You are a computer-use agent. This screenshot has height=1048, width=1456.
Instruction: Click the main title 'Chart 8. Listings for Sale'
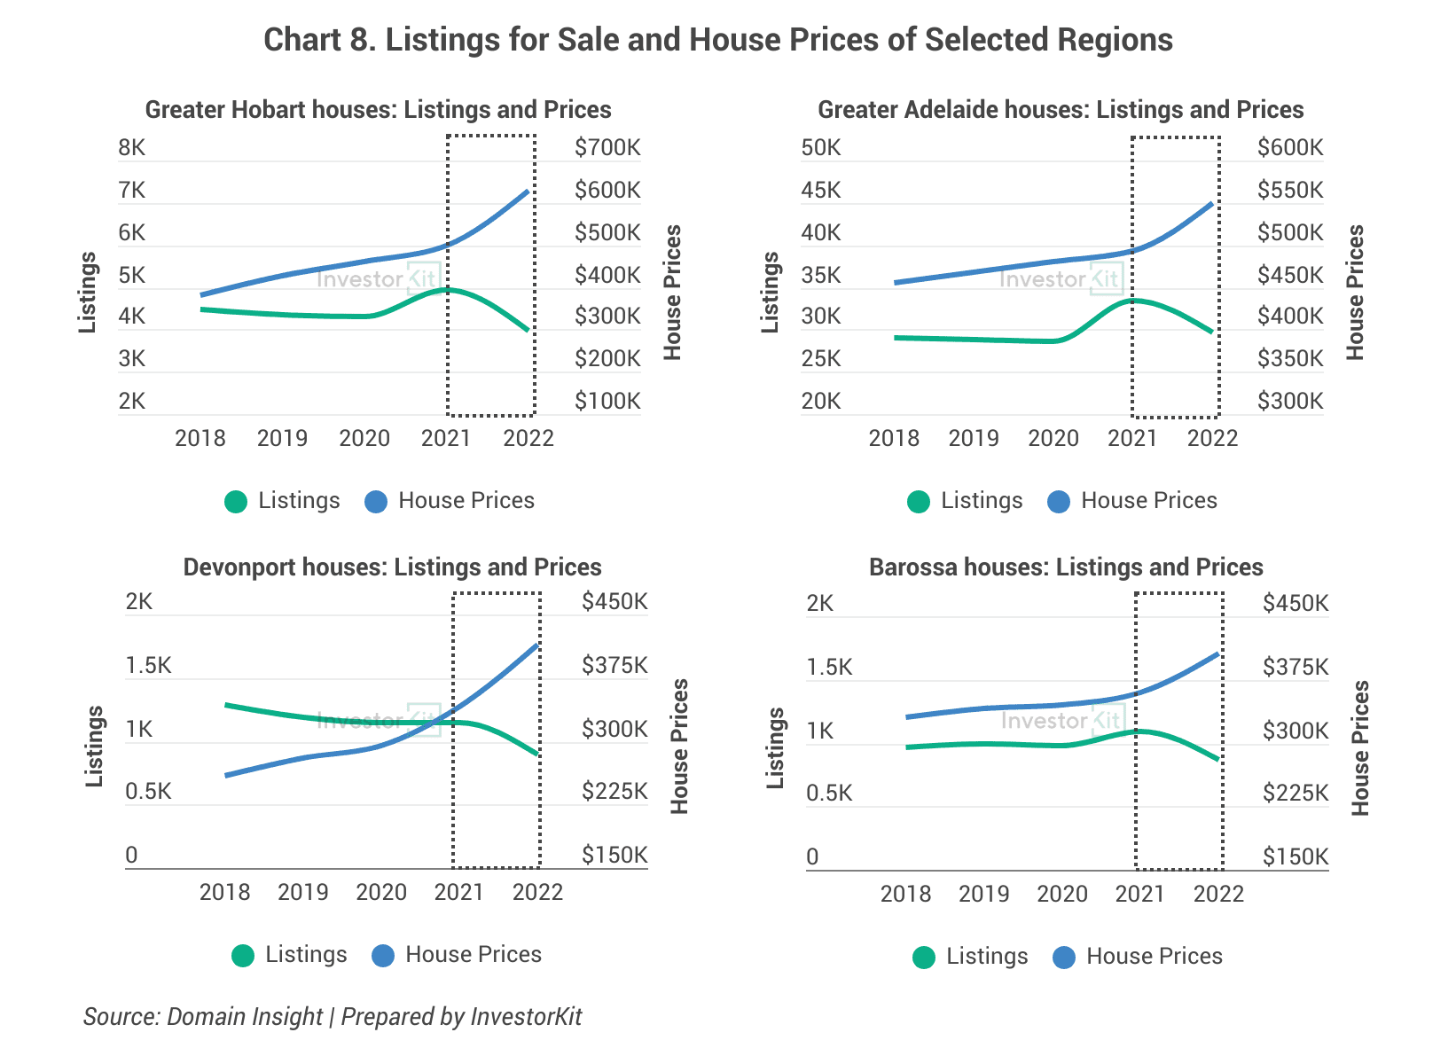(x=718, y=40)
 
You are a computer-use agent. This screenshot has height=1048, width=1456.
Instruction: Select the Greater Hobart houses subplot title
(x=378, y=110)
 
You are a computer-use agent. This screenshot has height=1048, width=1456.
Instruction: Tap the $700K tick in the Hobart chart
(x=607, y=147)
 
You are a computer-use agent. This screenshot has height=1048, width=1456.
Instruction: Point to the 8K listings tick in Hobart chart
(x=131, y=147)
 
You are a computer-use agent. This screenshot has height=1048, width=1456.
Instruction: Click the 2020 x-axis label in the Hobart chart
(x=364, y=438)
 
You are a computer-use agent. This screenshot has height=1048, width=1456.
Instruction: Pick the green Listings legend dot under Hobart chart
(x=236, y=502)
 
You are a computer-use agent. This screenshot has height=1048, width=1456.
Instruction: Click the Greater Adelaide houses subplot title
(x=1060, y=110)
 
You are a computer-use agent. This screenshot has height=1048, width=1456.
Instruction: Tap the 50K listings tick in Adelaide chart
(x=820, y=147)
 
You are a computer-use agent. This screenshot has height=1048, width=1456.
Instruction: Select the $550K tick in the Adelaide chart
(x=1289, y=190)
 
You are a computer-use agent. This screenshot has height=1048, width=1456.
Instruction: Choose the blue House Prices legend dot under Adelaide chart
(x=1059, y=502)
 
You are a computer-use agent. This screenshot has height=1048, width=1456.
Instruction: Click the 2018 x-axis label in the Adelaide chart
(x=893, y=438)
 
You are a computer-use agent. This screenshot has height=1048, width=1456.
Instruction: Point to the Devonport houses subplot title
(x=392, y=567)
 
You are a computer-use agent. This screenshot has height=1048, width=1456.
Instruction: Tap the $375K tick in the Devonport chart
(x=614, y=665)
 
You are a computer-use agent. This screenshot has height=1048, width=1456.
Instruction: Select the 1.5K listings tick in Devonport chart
(x=148, y=666)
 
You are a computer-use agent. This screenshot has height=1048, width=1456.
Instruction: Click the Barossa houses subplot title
(x=1066, y=567)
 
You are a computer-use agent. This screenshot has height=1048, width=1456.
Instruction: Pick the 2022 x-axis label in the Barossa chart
(x=1218, y=894)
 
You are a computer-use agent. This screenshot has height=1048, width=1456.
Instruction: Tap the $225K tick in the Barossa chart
(x=1295, y=793)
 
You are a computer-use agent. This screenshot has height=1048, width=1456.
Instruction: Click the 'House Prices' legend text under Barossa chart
(x=1154, y=957)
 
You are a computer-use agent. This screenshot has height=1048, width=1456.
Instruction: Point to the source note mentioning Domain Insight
(x=333, y=1016)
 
